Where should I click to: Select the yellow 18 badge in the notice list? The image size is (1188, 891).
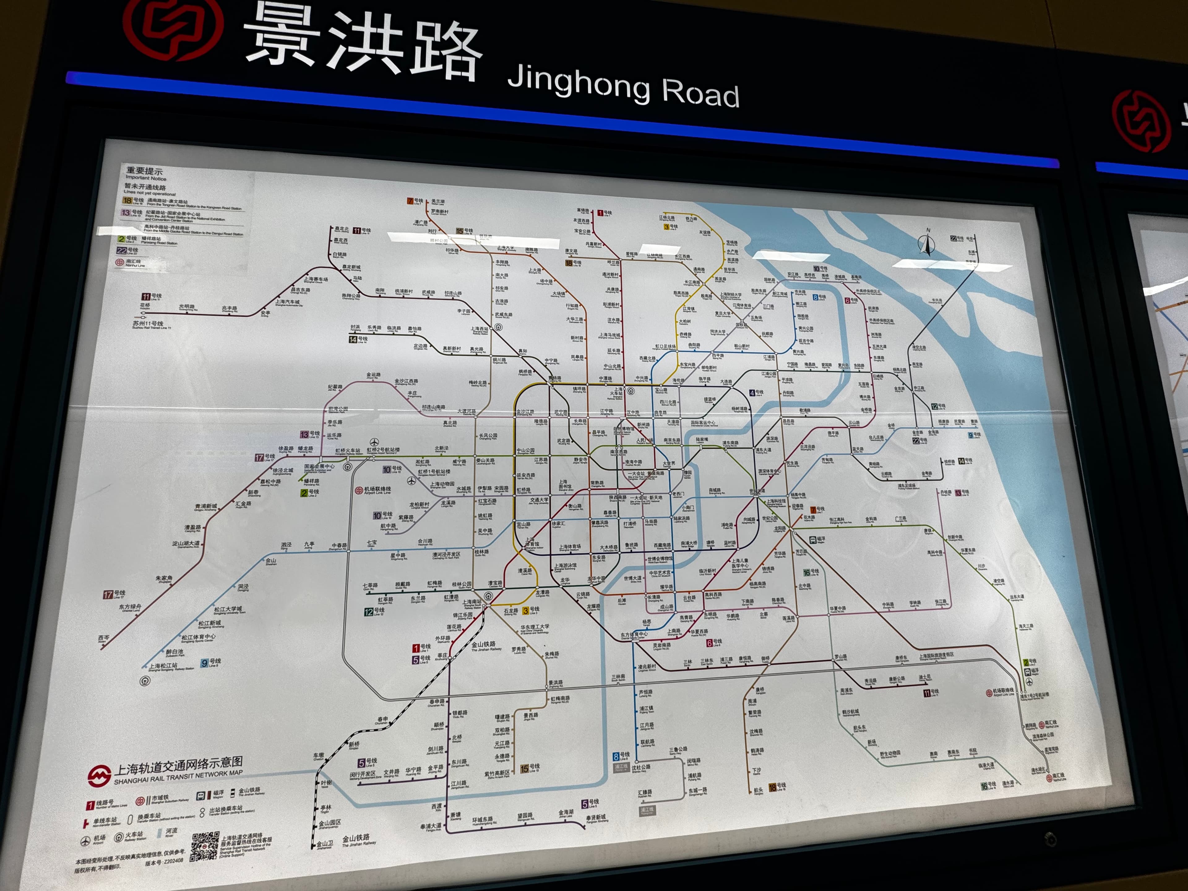click(127, 200)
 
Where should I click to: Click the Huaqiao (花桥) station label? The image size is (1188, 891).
click(145, 306)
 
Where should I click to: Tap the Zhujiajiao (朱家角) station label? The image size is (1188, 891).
click(164, 579)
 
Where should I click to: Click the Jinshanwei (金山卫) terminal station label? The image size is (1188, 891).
click(325, 844)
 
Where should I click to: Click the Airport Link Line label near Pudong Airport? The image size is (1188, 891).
click(1000, 692)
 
